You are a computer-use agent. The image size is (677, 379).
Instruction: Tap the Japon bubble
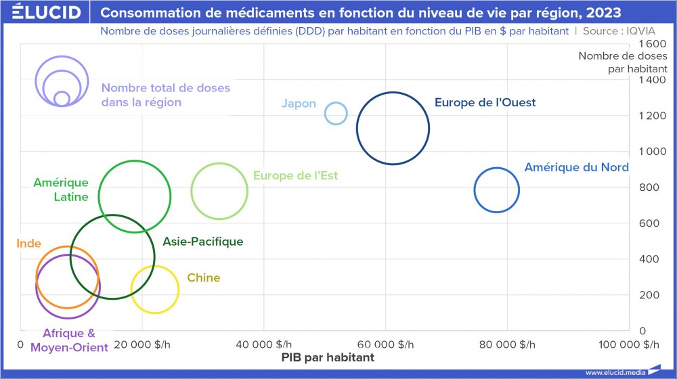click(x=336, y=113)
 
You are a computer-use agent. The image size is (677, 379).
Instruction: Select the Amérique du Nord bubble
click(x=497, y=190)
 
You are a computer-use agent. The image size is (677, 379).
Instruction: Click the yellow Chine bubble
click(x=155, y=290)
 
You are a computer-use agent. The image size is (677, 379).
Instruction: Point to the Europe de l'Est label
click(x=295, y=176)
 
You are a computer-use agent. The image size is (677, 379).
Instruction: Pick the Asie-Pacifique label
click(x=202, y=242)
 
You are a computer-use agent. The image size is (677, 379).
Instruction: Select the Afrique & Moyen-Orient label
click(x=68, y=340)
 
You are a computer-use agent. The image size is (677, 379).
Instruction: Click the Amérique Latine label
click(x=61, y=190)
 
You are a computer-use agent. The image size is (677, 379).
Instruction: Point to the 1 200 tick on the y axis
click(x=653, y=116)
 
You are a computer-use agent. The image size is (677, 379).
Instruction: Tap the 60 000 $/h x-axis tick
click(x=385, y=344)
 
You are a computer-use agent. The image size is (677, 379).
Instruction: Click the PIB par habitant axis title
click(x=328, y=357)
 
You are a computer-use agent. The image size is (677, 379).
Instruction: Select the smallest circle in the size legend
click(x=62, y=99)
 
